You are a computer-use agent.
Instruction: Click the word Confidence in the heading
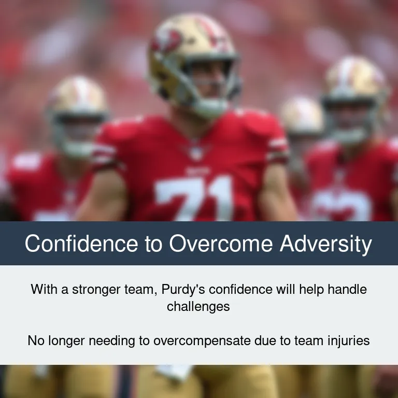tap(81, 243)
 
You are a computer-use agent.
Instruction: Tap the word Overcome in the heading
tap(221, 243)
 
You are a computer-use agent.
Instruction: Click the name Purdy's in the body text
tap(183, 289)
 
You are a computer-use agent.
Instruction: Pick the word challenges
tap(198, 307)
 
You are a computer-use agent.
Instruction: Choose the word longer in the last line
tap(66, 341)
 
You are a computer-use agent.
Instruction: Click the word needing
tap(112, 341)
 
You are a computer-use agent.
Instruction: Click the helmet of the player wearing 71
tap(194, 63)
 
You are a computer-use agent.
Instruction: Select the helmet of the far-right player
tap(356, 99)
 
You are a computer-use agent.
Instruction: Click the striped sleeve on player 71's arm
tap(278, 150)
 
